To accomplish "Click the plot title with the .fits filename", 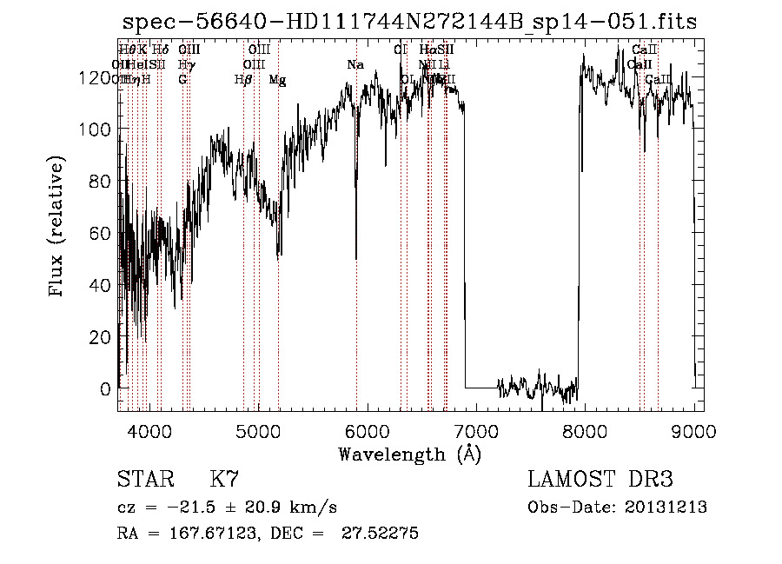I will (409, 22).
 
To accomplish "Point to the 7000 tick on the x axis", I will (476, 430).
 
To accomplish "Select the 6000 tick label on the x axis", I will (367, 430).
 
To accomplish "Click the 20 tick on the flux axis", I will (102, 336).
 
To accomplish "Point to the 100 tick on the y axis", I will (96, 129).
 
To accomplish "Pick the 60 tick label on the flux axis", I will (102, 233).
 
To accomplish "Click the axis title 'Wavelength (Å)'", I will (409, 454).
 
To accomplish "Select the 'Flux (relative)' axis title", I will (58, 228).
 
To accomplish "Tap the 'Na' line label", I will (355, 65).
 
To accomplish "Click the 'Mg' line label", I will (277, 80).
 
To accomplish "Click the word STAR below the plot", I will (144, 480).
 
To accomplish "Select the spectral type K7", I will (224, 480).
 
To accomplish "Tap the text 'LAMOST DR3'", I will (600, 480).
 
